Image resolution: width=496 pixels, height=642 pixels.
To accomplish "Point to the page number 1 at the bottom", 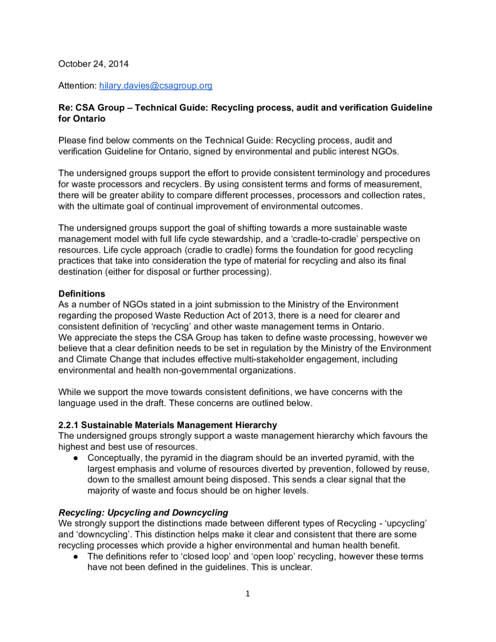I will [x=248, y=594].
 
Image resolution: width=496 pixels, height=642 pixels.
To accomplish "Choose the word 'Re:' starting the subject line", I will [x=66, y=107].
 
